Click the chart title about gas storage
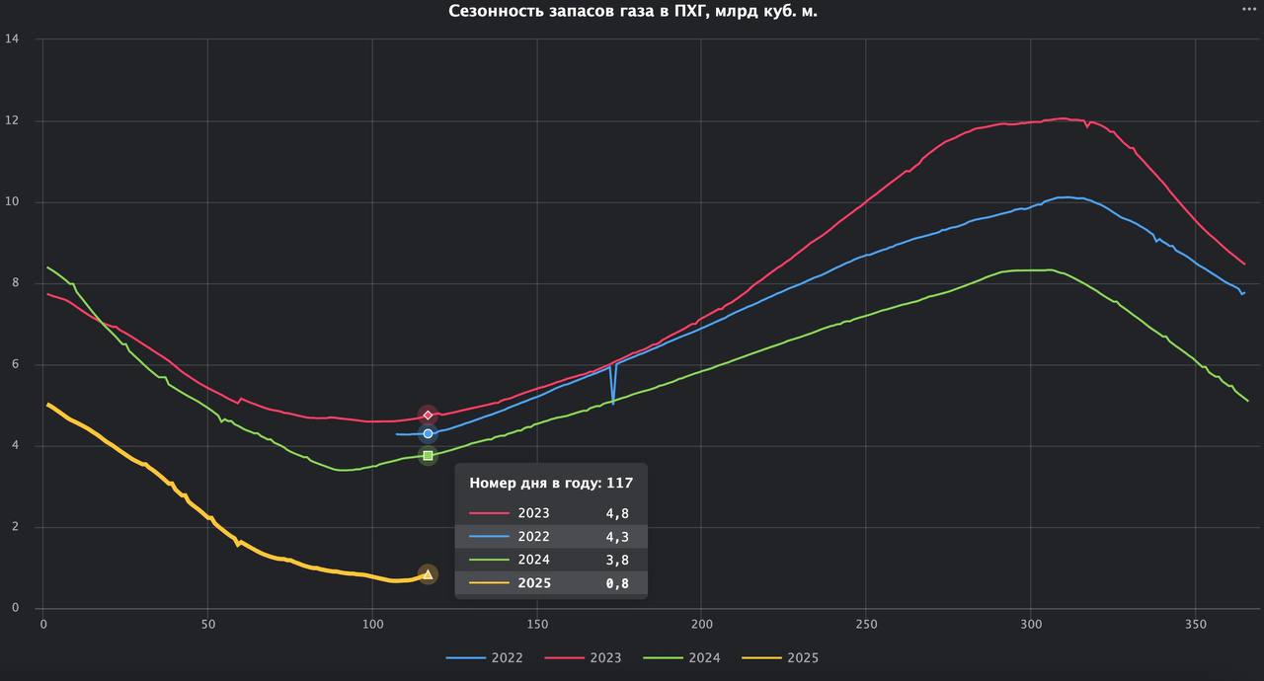[x=632, y=12]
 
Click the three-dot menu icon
[x=1249, y=8]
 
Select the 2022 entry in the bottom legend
[x=484, y=657]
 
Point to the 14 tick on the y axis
[x=13, y=39]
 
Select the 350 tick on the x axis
[x=1195, y=625]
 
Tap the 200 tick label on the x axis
[x=701, y=625]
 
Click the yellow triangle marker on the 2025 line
[x=428, y=574]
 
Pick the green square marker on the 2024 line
[x=428, y=455]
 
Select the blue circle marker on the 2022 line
[x=428, y=434]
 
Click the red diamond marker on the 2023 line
[x=428, y=415]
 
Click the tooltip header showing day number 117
[x=551, y=483]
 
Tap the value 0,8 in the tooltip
[x=617, y=583]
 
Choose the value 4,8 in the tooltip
[x=617, y=513]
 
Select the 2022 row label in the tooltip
[x=533, y=537]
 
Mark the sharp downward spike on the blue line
[x=613, y=401]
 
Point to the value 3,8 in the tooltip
[x=617, y=560]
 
